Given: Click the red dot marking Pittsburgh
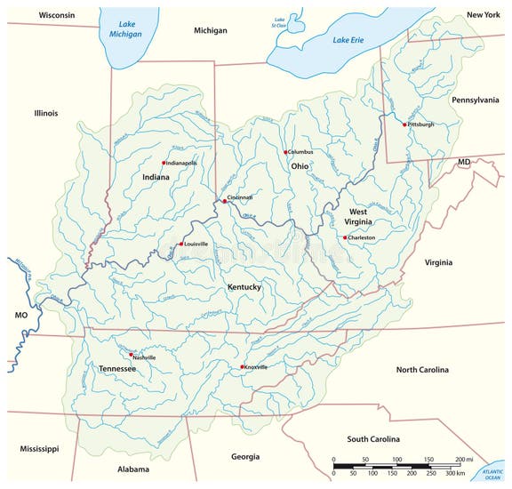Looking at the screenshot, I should [x=404, y=124].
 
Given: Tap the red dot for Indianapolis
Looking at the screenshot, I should [x=164, y=163].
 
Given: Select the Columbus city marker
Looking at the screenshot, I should [x=285, y=152].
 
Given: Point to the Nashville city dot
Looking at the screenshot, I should [x=132, y=355].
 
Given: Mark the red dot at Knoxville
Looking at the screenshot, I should [x=242, y=367].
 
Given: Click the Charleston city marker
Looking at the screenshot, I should [x=345, y=237].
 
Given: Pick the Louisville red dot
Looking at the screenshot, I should [x=181, y=244].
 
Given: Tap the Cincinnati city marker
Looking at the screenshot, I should [x=225, y=201].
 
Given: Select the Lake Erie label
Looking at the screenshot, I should [x=348, y=40].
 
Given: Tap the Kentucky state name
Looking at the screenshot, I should [x=244, y=287].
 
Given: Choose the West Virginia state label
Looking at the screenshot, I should [x=358, y=217].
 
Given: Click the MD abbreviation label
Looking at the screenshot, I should [x=463, y=163].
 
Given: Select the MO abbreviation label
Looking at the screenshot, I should [x=21, y=316].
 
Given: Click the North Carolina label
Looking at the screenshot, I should [x=422, y=369].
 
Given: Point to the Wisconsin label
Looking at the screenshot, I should [x=56, y=15].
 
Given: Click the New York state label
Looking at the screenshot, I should [x=484, y=15].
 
